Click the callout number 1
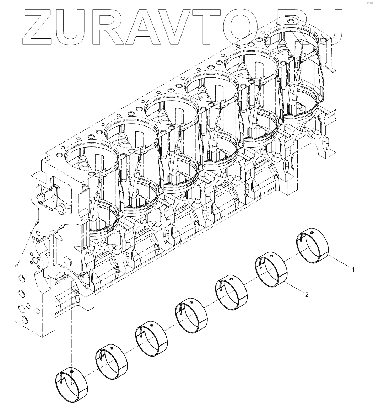[353, 269]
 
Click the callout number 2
[307, 295]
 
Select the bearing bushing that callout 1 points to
[313, 245]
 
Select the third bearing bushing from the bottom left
[152, 339]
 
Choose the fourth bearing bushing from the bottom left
[191, 316]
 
